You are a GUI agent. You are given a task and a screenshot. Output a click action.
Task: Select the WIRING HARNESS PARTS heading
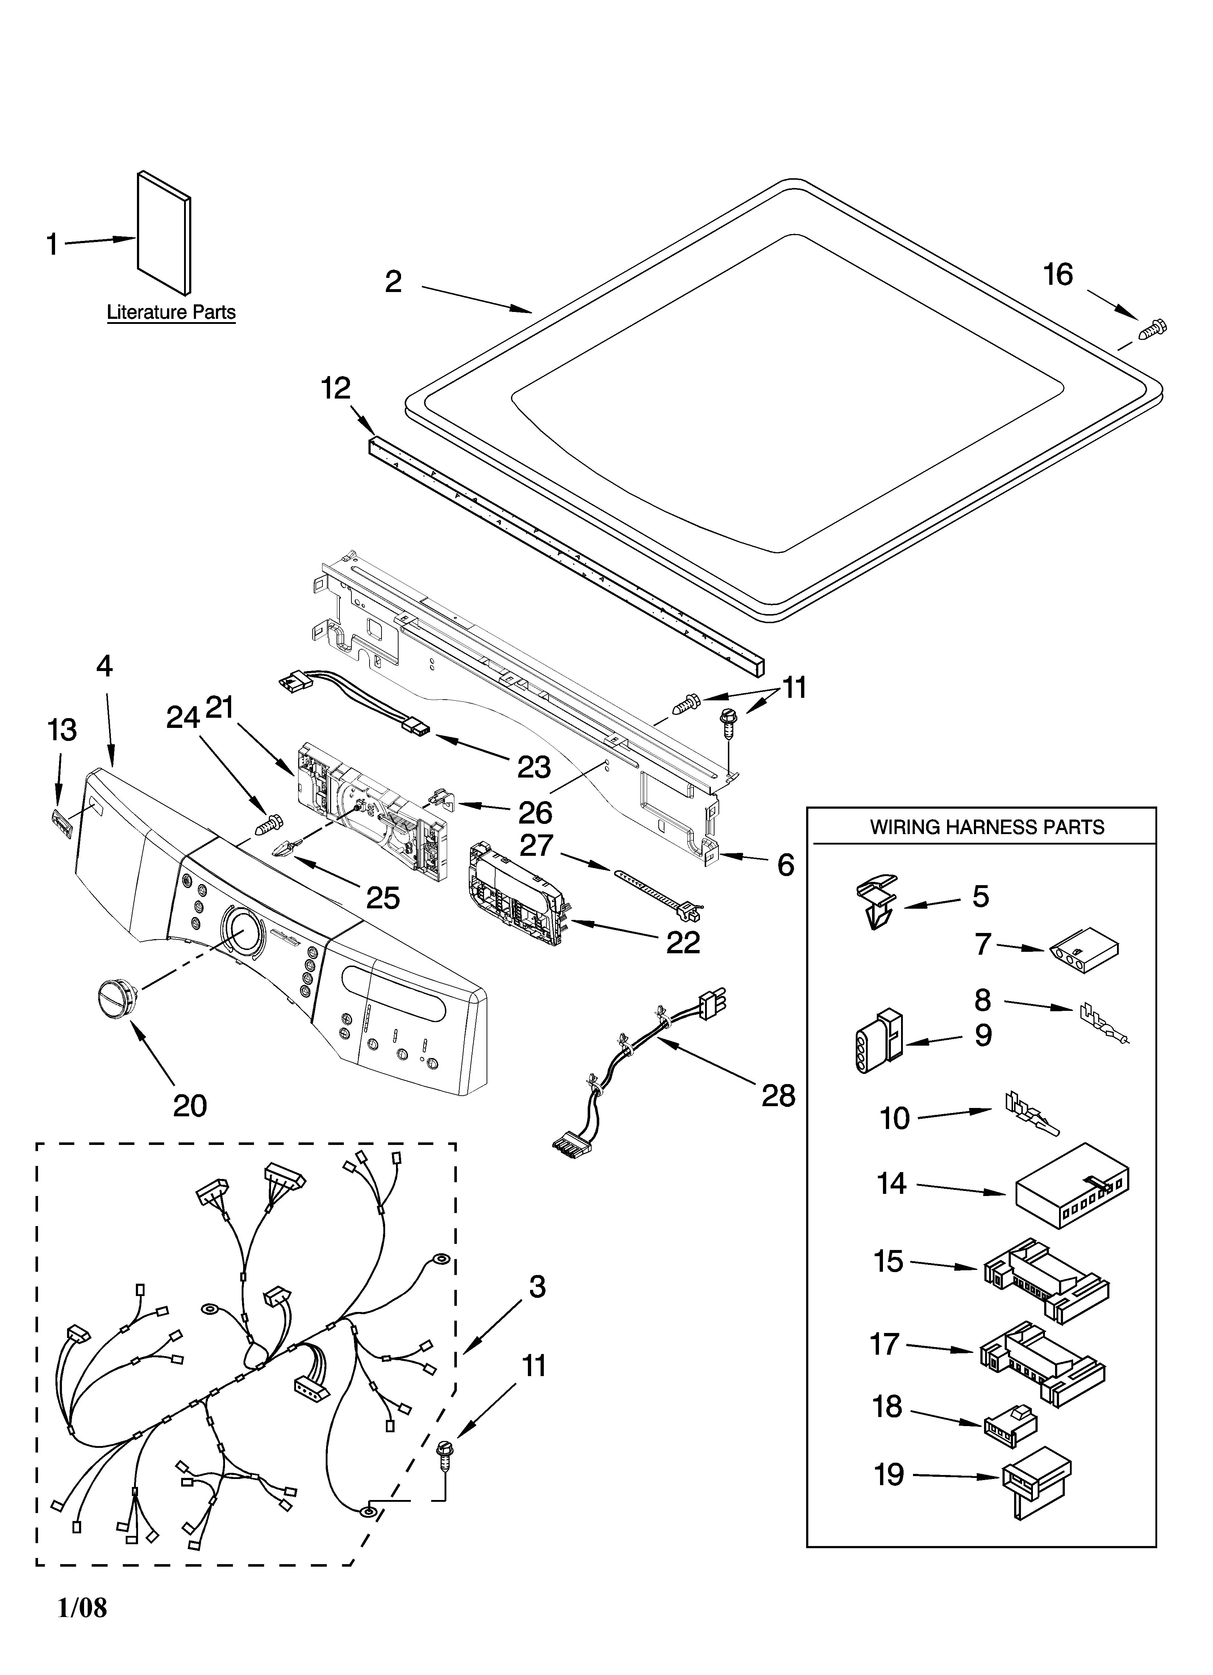(x=987, y=826)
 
